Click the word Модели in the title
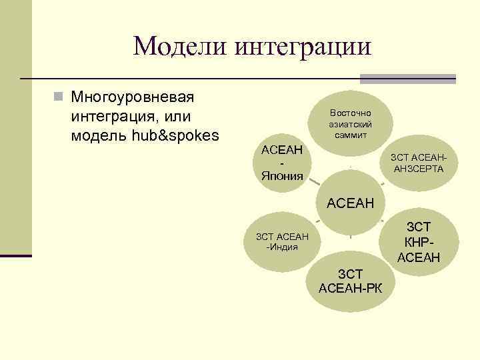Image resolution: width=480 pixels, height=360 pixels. click(174, 47)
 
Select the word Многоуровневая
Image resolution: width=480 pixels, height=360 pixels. click(132, 97)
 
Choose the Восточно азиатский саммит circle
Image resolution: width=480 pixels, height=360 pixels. click(350, 123)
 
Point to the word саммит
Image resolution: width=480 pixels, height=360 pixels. click(350, 135)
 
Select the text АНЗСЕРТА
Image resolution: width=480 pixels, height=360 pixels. click(419, 169)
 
